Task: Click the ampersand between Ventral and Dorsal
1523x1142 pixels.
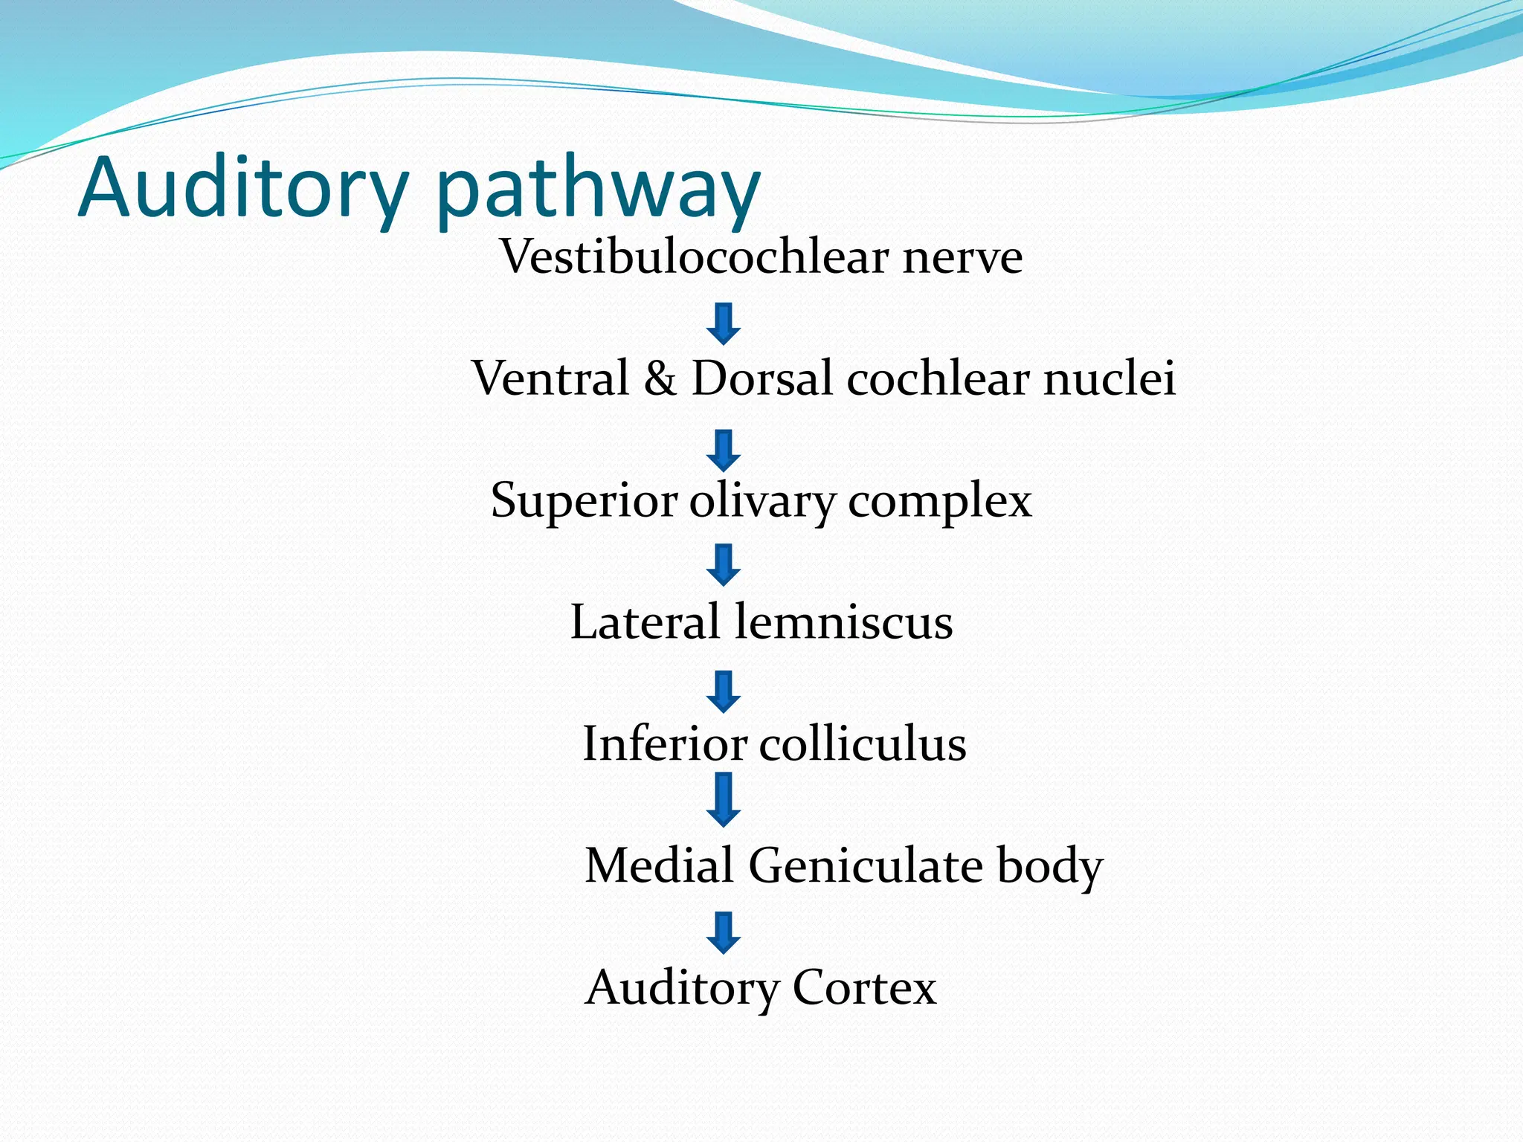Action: tap(660, 378)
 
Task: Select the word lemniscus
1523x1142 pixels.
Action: tap(843, 622)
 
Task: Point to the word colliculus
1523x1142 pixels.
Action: tap(863, 743)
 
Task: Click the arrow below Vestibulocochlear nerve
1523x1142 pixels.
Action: tap(723, 323)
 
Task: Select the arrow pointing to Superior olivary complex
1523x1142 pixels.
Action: tap(723, 450)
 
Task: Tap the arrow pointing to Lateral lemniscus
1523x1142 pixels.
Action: tap(723, 564)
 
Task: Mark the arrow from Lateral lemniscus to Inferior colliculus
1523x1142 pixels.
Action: tap(723, 691)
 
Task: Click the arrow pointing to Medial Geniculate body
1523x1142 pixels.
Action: tap(723, 799)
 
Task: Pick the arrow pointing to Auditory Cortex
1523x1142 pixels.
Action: tap(723, 932)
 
